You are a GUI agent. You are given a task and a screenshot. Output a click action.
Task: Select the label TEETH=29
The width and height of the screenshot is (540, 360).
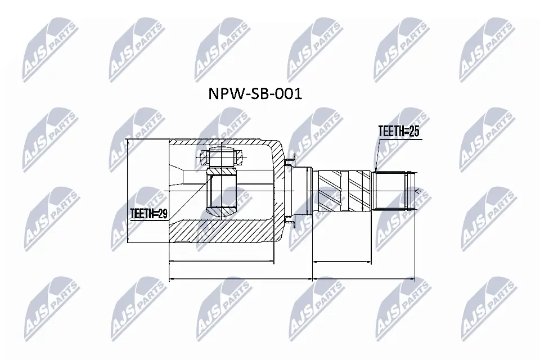(x=148, y=214)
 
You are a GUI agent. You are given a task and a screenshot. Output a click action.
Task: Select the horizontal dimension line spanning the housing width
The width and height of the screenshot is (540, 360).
(x=222, y=262)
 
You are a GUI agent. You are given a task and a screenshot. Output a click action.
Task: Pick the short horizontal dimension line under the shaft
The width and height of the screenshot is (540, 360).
(x=342, y=262)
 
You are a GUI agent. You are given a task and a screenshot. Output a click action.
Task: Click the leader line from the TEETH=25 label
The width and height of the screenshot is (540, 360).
(x=377, y=155)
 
